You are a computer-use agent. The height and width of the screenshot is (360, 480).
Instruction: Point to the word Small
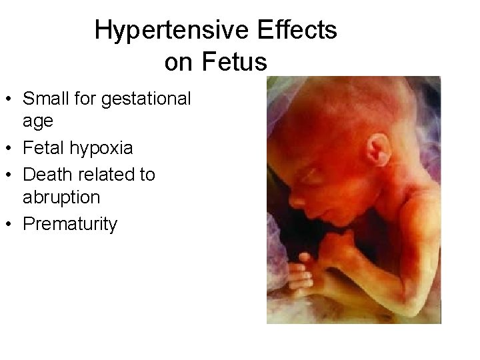point(47,99)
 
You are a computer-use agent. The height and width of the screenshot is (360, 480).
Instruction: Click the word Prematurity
point(70,224)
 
